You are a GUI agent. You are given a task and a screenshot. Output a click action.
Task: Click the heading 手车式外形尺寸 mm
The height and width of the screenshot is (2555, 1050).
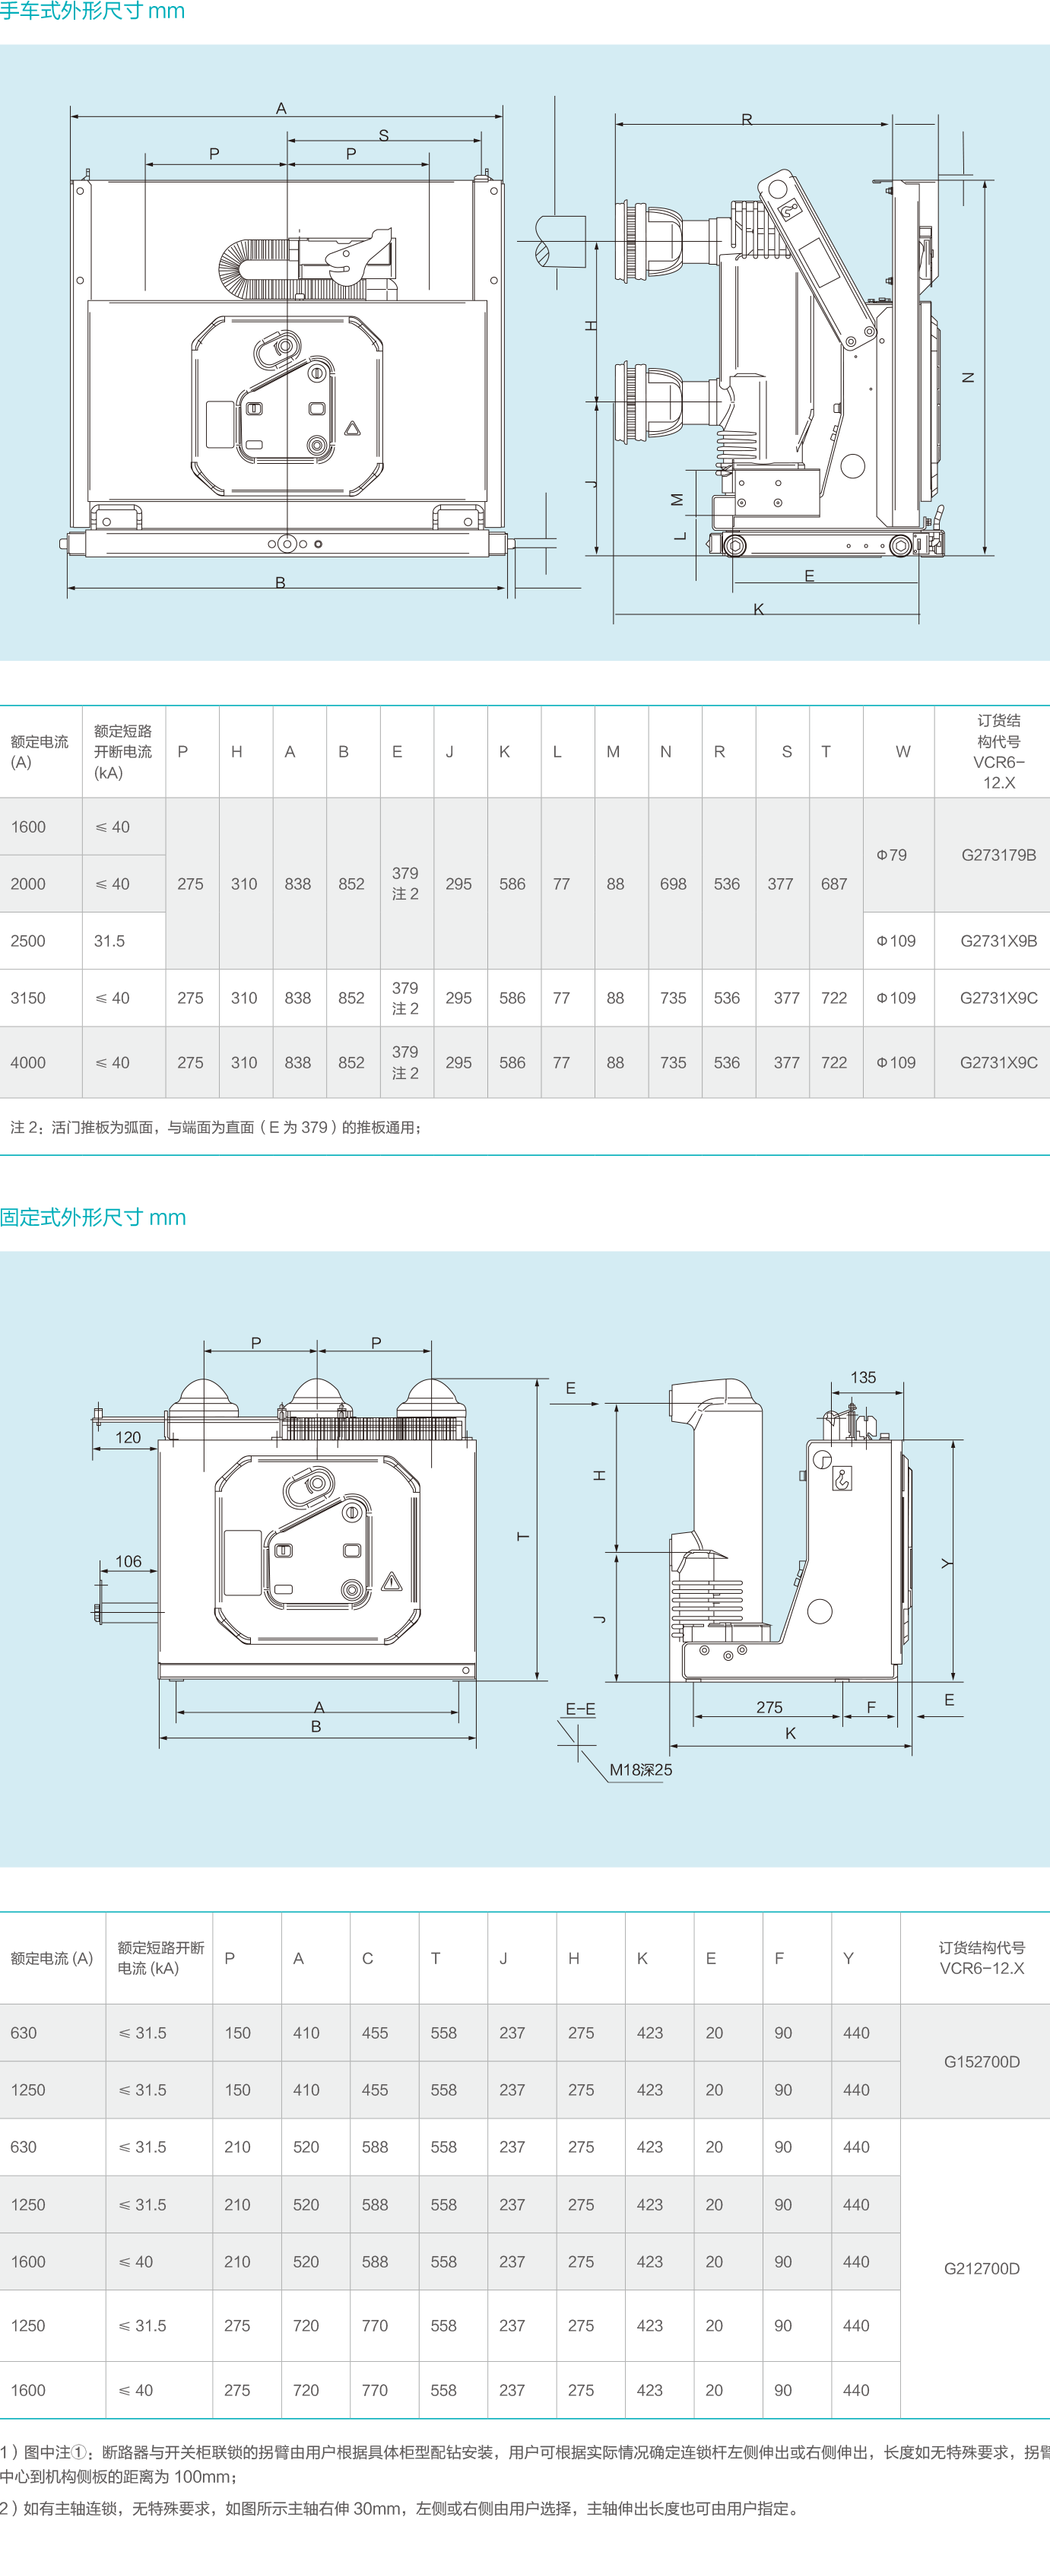(x=92, y=12)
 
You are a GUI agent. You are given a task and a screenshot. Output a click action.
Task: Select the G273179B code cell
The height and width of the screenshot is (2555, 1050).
(x=998, y=855)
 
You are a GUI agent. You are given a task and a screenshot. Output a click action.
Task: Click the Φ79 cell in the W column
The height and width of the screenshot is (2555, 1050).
(x=891, y=855)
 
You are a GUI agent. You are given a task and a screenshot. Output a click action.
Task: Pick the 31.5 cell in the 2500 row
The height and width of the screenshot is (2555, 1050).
(x=109, y=941)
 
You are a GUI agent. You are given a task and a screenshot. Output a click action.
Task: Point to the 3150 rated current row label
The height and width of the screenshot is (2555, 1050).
(x=28, y=998)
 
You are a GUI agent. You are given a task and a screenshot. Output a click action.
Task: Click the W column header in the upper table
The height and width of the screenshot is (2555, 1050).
(x=902, y=752)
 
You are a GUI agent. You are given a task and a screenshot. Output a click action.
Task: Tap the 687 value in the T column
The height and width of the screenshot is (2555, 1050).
(x=834, y=884)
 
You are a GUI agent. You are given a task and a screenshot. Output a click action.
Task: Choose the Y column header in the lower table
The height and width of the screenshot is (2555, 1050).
(x=849, y=1958)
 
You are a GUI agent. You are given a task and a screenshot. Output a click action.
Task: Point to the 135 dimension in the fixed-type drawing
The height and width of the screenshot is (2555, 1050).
(x=864, y=1378)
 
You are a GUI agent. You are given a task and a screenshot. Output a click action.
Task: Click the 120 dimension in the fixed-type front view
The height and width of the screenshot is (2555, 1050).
(x=128, y=1437)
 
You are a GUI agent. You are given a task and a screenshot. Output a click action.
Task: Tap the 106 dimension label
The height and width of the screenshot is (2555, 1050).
(x=128, y=1561)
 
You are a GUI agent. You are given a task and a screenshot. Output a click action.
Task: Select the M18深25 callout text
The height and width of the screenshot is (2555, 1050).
(x=640, y=1769)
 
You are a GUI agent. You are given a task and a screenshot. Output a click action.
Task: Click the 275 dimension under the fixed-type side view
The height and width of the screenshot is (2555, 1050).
(x=769, y=1707)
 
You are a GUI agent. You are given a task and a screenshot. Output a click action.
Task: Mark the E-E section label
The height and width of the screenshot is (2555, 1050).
(x=580, y=1709)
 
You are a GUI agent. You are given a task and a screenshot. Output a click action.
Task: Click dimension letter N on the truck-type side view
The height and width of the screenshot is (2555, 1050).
(x=969, y=378)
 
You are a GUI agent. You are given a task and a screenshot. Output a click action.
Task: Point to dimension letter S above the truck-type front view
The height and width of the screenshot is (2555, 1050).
(x=384, y=135)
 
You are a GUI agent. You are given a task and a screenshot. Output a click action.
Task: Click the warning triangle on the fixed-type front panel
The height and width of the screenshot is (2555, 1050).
(x=392, y=1581)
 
